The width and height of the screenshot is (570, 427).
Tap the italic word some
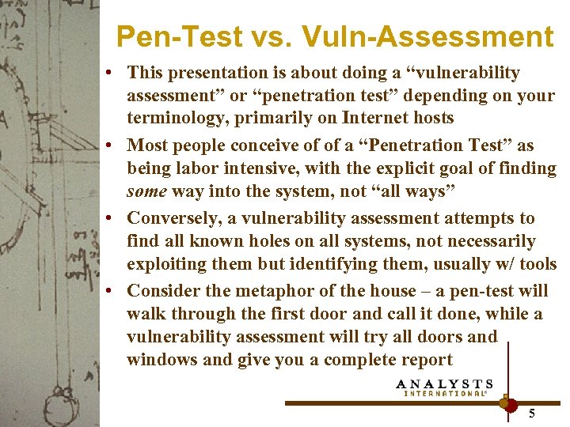[x=146, y=191]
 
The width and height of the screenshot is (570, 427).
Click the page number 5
[x=532, y=414]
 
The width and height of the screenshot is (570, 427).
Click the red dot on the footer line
[x=511, y=404]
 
